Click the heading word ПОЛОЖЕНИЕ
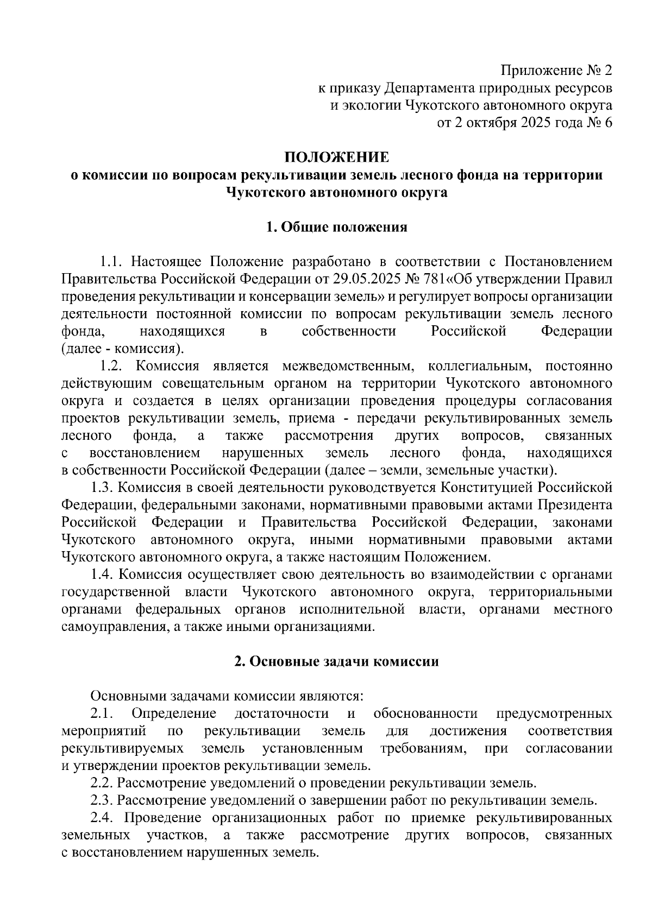[337, 158]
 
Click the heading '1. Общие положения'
[337, 228]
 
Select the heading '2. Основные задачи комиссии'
[337, 662]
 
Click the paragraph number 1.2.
[112, 367]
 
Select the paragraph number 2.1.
[102, 714]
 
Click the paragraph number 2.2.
[102, 784]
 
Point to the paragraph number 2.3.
[102, 801]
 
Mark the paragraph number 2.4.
[102, 818]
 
